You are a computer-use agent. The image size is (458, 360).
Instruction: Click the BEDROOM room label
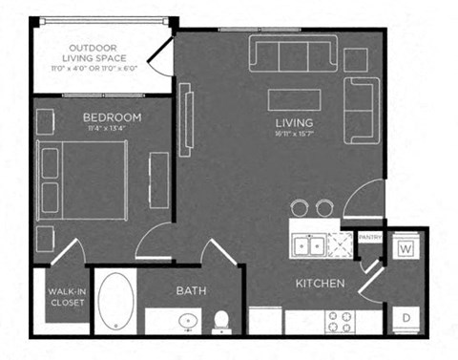[112, 117]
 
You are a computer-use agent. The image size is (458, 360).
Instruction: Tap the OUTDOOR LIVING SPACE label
[94, 53]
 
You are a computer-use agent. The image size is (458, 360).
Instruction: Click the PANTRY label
[369, 236]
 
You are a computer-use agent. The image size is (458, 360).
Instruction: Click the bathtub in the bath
[117, 303]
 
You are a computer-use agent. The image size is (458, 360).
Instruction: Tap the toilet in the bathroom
[222, 320]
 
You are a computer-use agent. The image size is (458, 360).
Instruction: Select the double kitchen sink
[308, 246]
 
